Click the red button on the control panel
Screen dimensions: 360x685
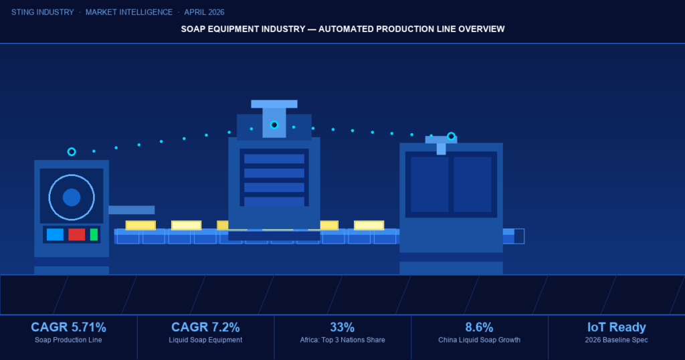(x=76, y=234)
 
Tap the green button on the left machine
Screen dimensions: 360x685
(x=94, y=234)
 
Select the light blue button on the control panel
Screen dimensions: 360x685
(x=55, y=234)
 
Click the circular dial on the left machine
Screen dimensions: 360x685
(x=72, y=197)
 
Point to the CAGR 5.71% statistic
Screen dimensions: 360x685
(x=68, y=327)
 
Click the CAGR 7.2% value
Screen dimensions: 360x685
(x=205, y=327)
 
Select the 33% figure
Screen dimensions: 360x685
(x=342, y=327)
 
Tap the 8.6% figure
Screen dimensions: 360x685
(x=479, y=327)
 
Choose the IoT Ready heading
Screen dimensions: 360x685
(x=616, y=327)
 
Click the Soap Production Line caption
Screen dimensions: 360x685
(x=68, y=340)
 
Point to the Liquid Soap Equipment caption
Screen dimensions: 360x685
(x=205, y=340)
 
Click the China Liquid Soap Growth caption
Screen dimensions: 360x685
(x=479, y=340)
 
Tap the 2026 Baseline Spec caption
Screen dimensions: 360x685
(x=616, y=340)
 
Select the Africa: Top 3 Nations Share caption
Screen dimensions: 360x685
(x=342, y=340)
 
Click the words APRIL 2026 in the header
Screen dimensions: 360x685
(x=204, y=12)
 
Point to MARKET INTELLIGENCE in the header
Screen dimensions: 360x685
(x=128, y=12)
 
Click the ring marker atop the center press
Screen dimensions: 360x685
(x=274, y=124)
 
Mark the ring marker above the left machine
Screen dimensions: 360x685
(x=72, y=152)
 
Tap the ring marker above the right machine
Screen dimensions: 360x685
(x=452, y=137)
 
